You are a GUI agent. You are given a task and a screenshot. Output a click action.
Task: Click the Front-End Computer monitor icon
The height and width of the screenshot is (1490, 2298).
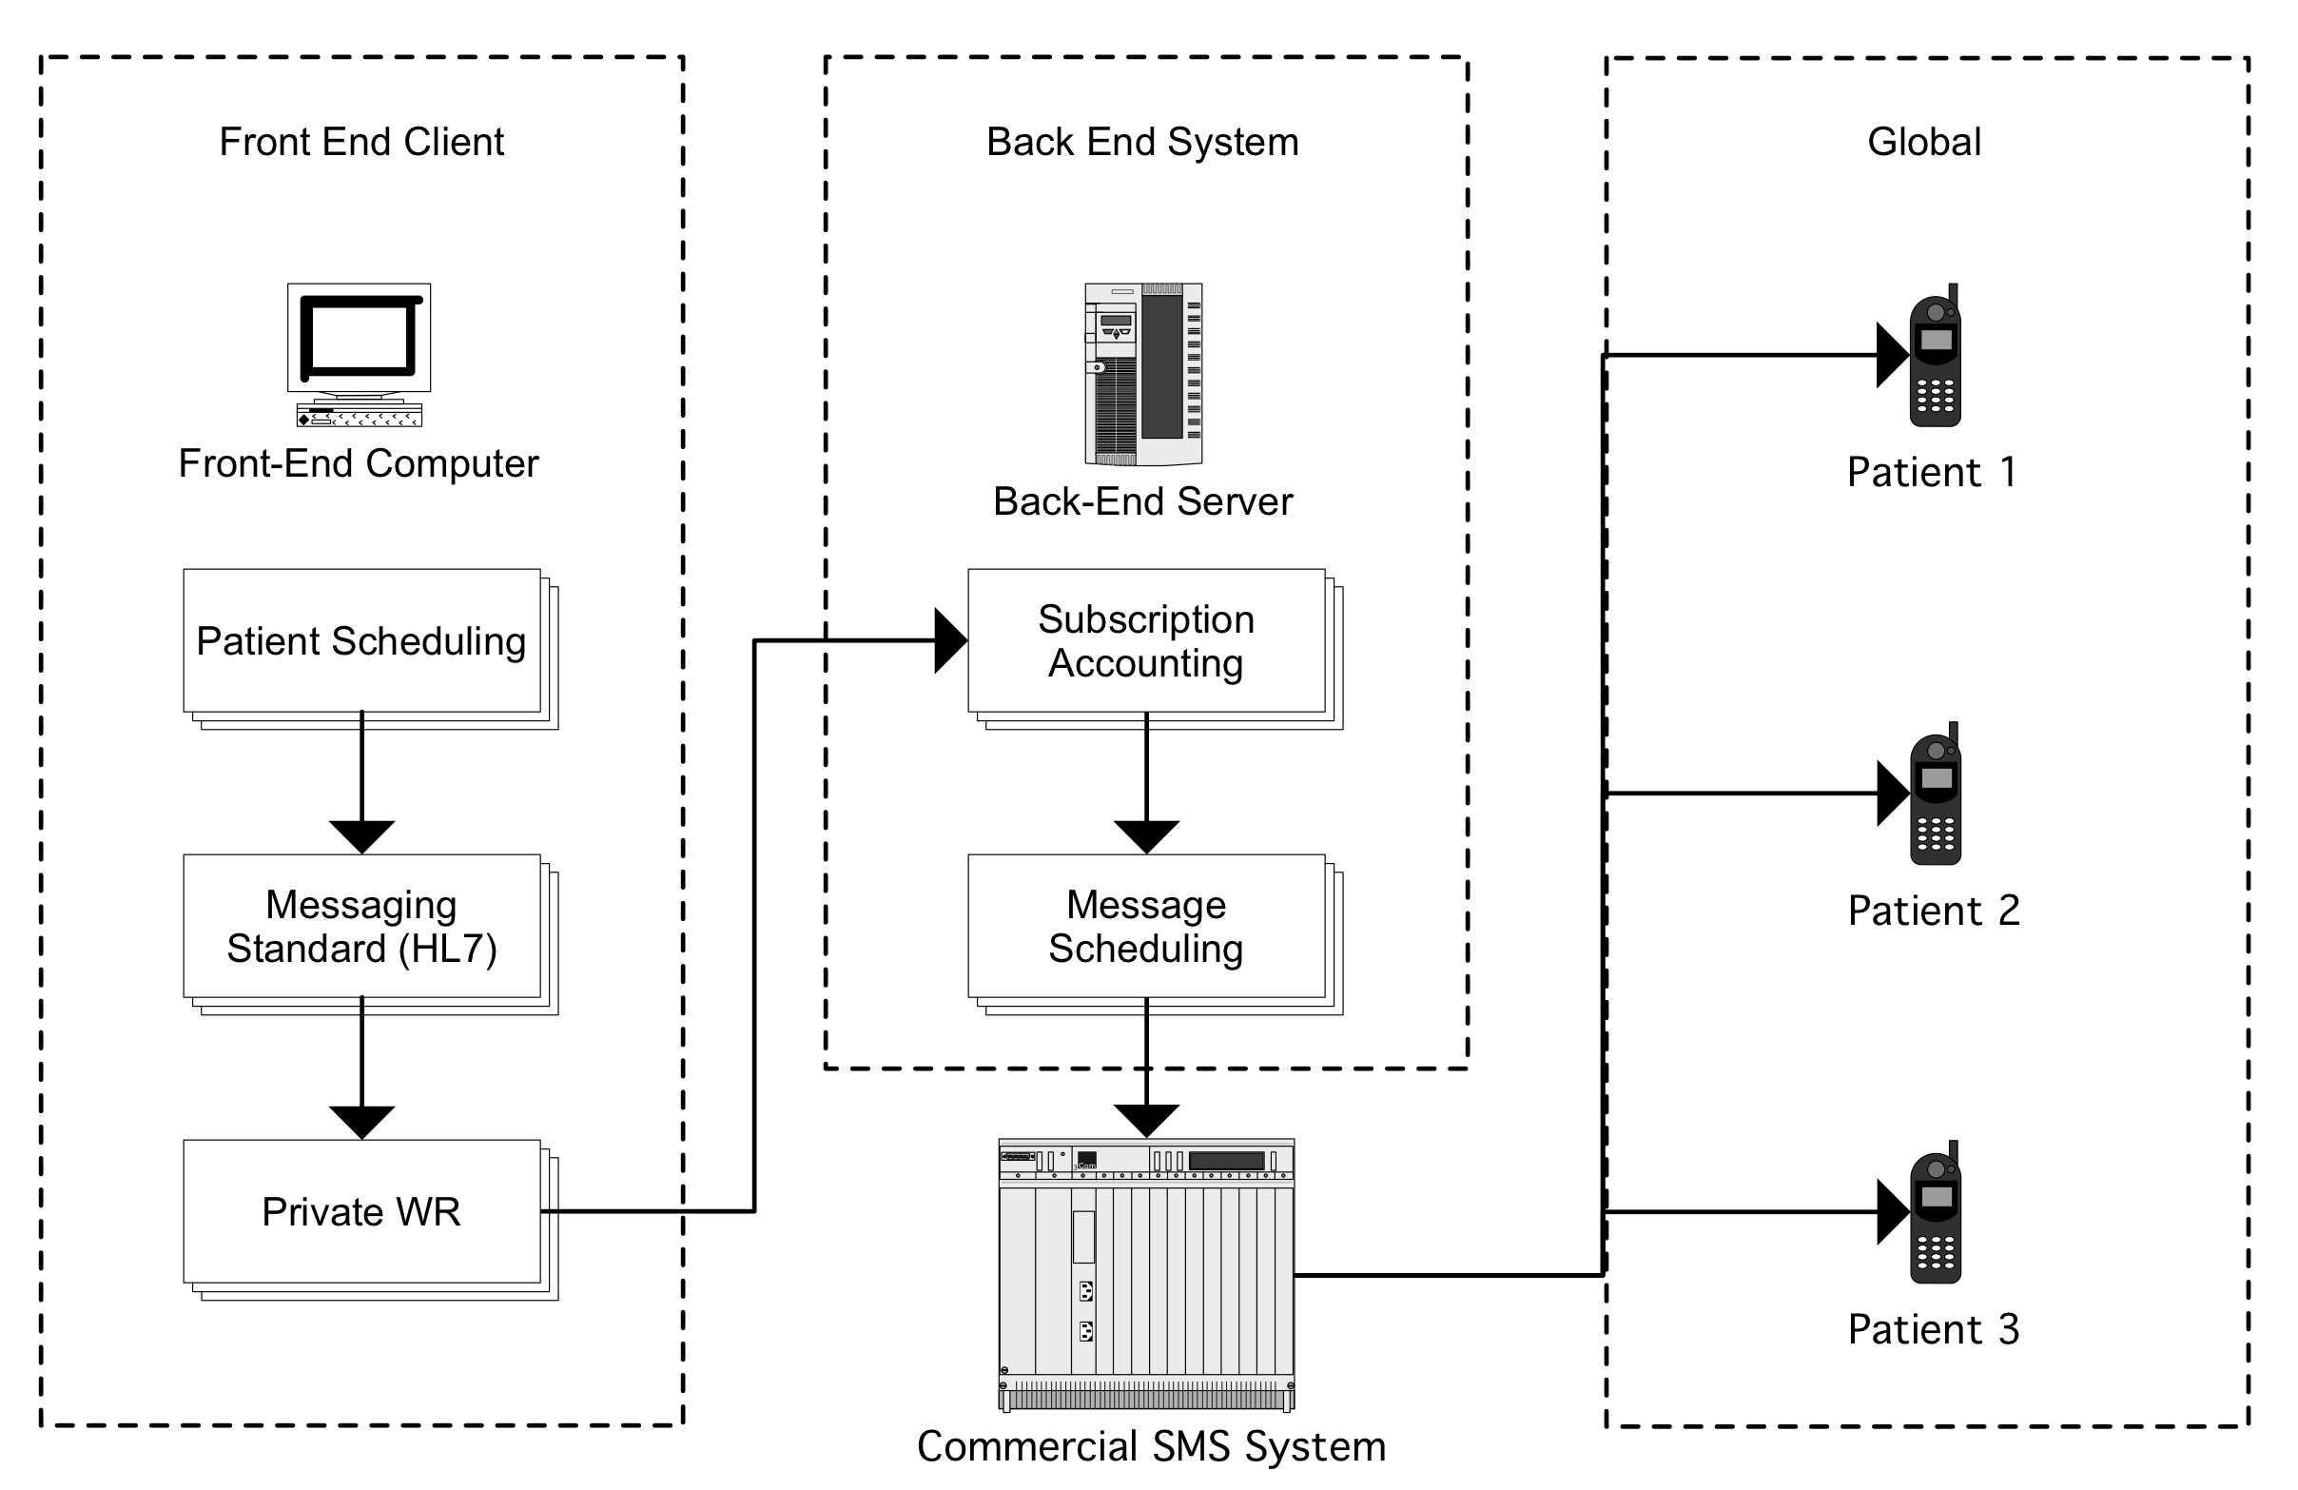pos(359,353)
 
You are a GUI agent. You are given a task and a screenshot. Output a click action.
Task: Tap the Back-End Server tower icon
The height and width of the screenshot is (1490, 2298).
pos(1143,374)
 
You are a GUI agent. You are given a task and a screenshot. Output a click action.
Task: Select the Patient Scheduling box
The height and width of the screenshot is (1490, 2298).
pos(362,641)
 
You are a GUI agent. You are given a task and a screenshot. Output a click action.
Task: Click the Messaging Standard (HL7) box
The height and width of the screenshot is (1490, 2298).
pos(362,927)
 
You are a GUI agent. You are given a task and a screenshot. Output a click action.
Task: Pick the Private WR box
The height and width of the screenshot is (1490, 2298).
pos(362,1212)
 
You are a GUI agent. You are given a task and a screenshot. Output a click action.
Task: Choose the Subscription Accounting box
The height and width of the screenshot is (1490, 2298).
pos(1146,641)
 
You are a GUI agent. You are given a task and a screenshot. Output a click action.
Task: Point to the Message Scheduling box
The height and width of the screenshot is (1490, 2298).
pos(1146,927)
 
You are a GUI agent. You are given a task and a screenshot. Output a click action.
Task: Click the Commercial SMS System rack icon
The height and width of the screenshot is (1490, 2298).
pos(1146,1275)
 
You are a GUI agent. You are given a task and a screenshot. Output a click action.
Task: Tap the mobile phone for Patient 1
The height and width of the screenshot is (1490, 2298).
pos(1935,358)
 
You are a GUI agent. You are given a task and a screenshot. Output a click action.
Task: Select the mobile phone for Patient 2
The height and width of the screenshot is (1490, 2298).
pos(1935,795)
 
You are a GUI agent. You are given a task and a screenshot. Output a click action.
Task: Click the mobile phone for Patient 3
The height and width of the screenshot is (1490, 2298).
pos(1935,1214)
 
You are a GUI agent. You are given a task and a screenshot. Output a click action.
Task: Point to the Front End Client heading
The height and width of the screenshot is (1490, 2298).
pos(361,142)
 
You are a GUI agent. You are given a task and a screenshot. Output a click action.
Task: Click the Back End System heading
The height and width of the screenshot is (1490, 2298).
pos(1142,142)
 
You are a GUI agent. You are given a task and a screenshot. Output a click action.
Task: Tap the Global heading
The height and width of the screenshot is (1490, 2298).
pos(1923,142)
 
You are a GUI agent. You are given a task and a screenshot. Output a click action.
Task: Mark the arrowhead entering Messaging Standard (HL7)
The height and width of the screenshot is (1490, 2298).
pos(362,836)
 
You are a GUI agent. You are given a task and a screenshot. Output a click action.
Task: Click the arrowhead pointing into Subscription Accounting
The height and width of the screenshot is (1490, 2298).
pos(951,640)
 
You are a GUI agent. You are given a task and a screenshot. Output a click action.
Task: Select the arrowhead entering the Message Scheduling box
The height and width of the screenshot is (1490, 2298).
pos(1146,836)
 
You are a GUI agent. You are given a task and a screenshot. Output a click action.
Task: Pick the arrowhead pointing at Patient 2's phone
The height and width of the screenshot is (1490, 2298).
pos(1893,794)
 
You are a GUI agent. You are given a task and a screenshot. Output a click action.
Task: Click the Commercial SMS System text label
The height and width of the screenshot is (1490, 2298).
pos(1151,1446)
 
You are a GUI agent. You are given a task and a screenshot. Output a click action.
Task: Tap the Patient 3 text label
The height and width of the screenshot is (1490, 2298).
pos(1933,1330)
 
